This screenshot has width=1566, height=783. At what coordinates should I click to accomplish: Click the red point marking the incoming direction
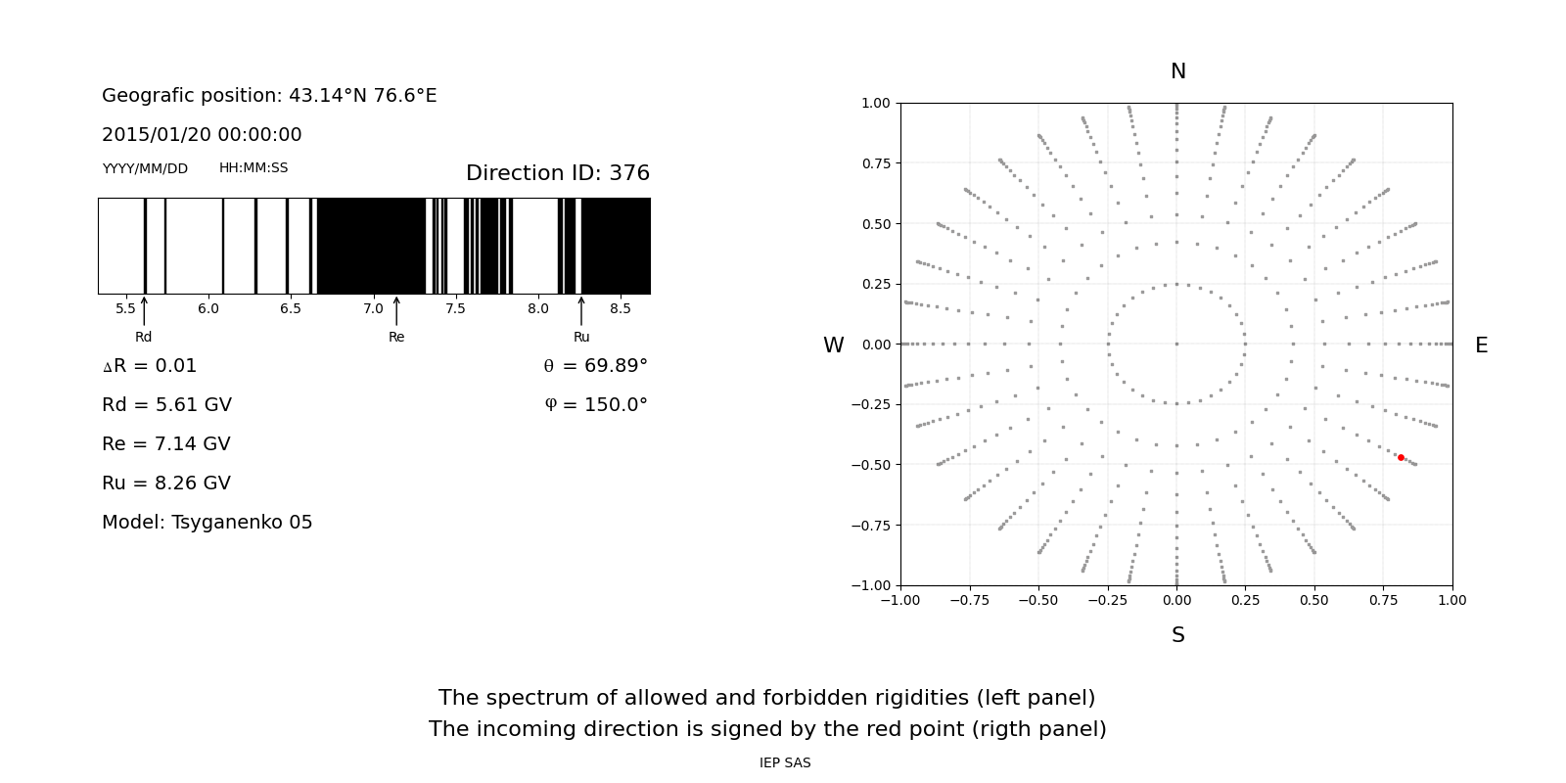pos(1401,457)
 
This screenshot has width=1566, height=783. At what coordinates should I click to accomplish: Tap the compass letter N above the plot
pos(1177,71)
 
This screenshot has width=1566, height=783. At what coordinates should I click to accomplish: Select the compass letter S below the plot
pos(1177,635)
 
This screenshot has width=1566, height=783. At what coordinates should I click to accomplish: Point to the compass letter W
pos(833,345)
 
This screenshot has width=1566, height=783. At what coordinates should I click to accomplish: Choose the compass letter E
pos(1481,345)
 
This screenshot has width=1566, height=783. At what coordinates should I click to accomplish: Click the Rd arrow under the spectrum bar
pos(144,311)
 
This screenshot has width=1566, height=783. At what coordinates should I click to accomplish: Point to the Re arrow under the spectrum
pos(396,311)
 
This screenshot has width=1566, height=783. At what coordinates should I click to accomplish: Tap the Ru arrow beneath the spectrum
pos(581,311)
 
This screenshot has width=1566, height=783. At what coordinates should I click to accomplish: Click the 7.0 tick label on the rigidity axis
pos(373,309)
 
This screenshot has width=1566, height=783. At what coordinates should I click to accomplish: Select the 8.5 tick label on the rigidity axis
pos(621,309)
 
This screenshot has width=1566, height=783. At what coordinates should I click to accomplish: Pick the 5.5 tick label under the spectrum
pos(125,309)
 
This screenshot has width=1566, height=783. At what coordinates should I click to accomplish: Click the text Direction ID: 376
pos(557,173)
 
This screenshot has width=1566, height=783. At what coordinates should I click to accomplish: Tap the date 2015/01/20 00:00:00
pos(202,135)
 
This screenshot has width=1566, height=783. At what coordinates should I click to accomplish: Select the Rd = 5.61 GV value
pos(166,405)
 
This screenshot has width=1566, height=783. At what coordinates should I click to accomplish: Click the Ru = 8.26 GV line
pos(166,484)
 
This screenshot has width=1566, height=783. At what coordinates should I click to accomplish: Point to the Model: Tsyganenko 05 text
pos(207,523)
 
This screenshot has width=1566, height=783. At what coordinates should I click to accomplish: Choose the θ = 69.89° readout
pos(595,366)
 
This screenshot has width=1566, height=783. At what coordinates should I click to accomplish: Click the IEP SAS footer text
pos(784,763)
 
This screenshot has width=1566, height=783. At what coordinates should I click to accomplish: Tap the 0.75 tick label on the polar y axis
pos(875,163)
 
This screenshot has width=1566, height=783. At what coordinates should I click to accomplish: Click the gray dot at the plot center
pos(1176,344)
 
